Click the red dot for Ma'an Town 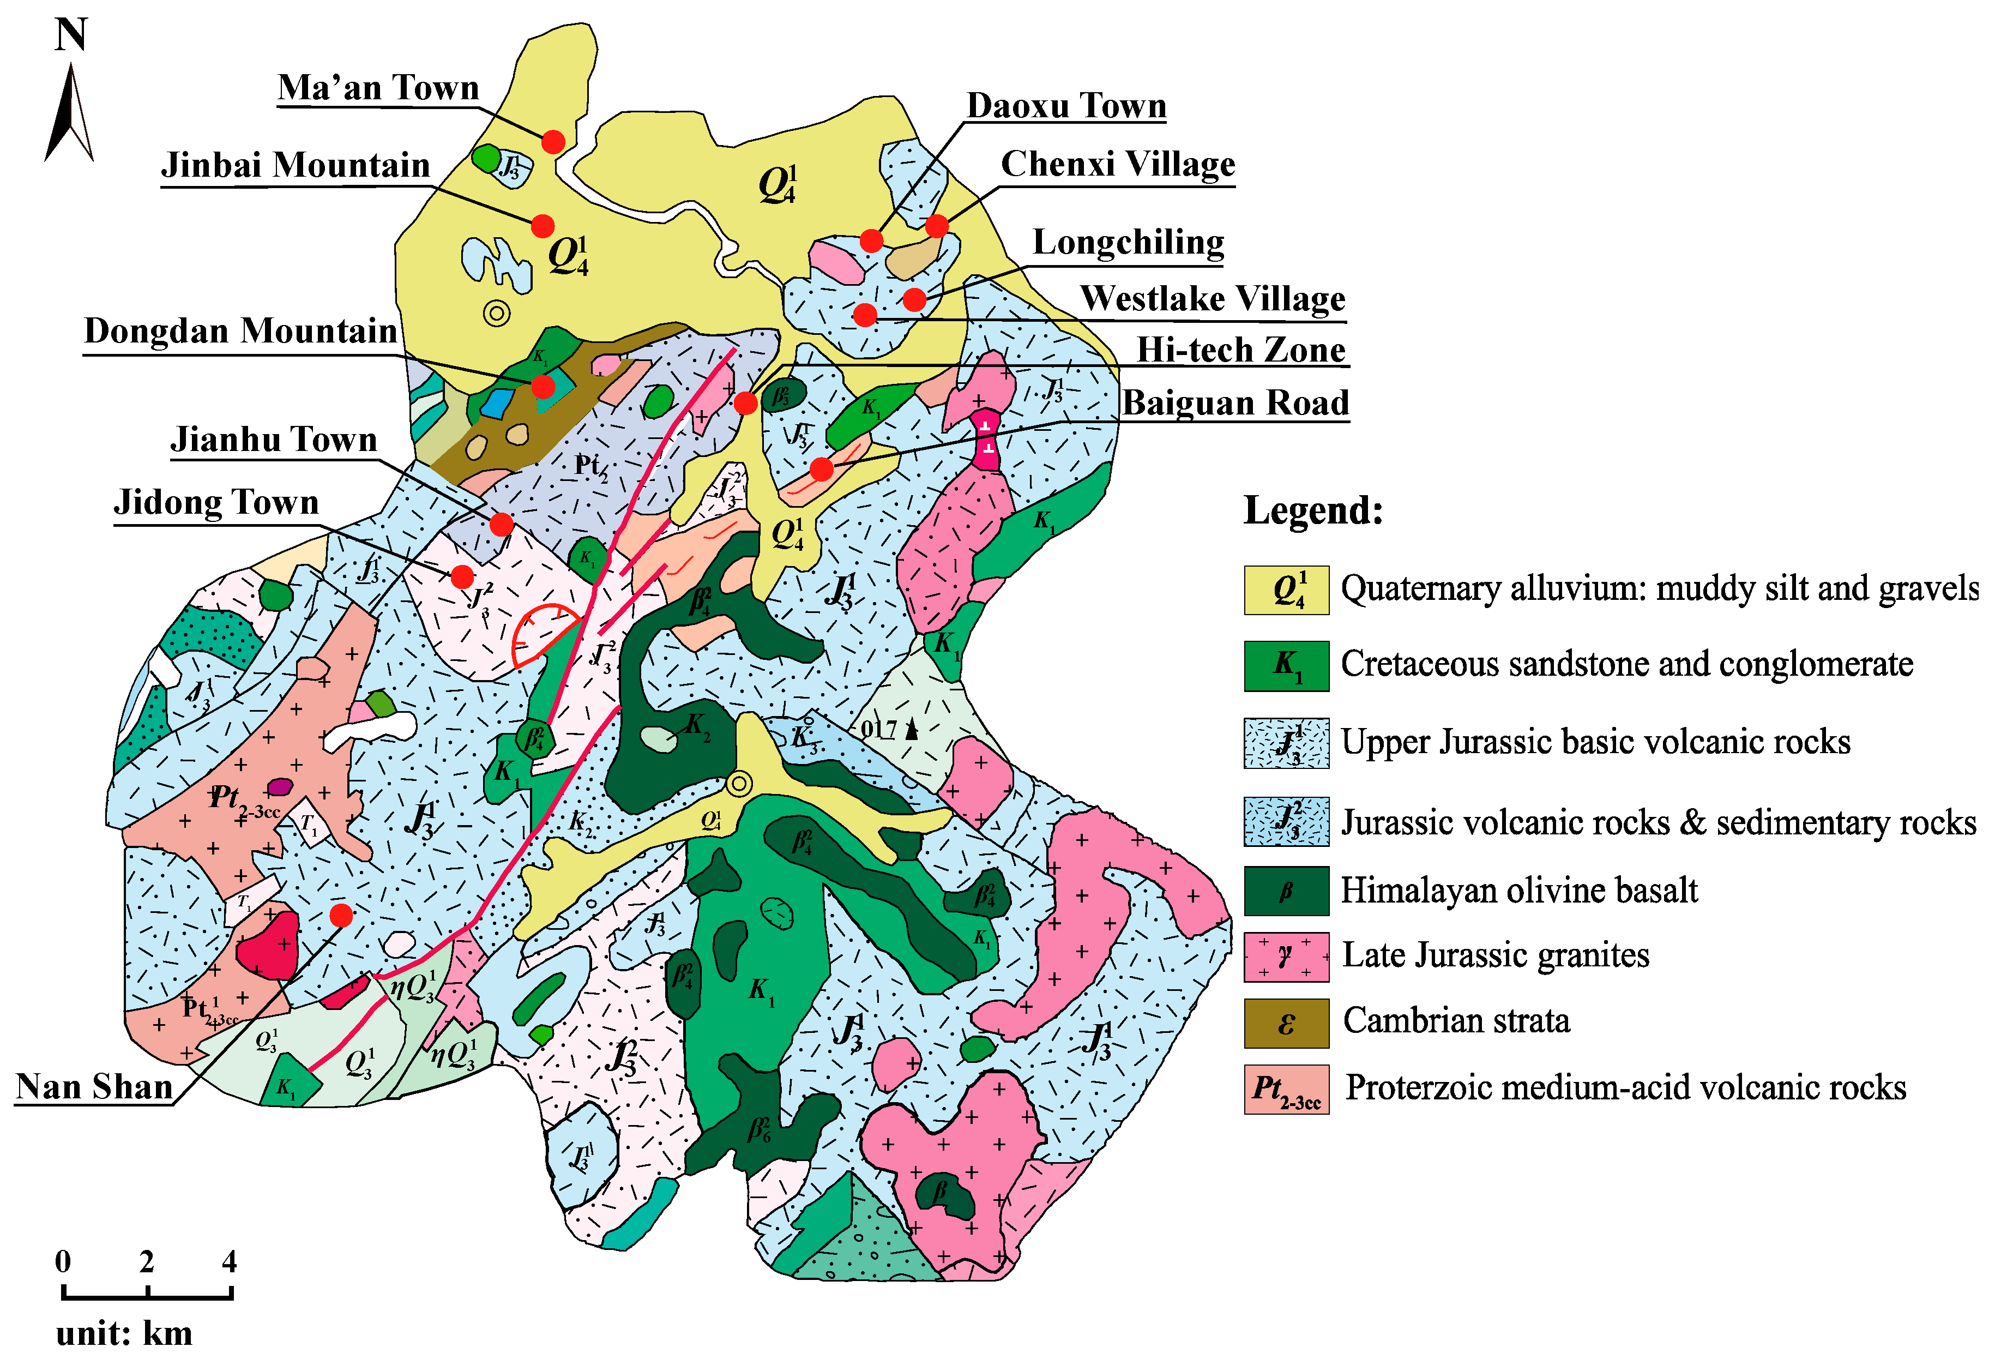coord(553,141)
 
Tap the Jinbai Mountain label coord(296,165)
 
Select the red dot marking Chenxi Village coord(937,226)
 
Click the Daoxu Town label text coord(1066,105)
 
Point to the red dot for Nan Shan coord(341,916)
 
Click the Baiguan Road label coord(1235,402)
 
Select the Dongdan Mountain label coord(240,330)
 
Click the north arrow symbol coord(69,116)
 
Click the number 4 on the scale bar coord(229,1262)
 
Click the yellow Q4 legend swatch coord(1286,590)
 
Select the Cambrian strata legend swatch coord(1286,1023)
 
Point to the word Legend coord(1312,510)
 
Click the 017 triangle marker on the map coord(911,730)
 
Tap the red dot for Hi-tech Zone coord(746,402)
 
